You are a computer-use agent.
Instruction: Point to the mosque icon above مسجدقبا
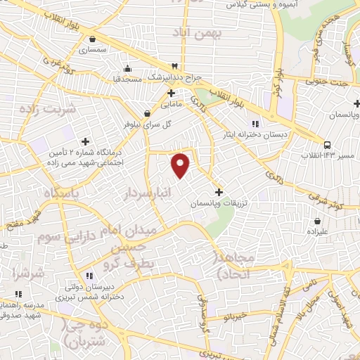127,69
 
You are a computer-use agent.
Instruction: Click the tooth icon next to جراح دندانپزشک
174,65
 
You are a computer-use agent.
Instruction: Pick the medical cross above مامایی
171,92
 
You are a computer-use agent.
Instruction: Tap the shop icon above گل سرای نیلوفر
147,113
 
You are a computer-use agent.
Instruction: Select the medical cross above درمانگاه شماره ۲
86,141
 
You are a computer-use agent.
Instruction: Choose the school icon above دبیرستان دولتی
89,276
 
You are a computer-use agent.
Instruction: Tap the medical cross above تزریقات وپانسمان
218,191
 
